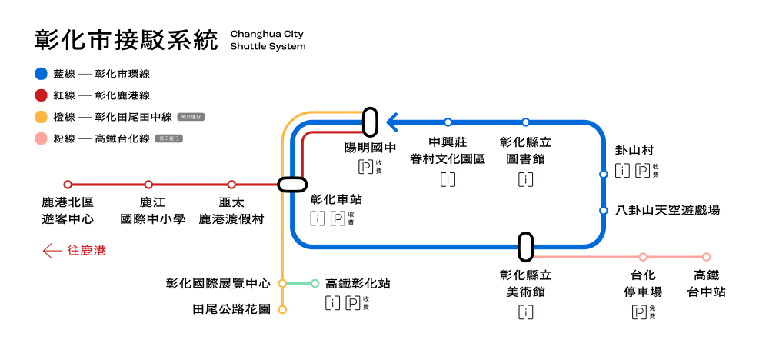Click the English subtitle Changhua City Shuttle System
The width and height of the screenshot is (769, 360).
pos(268,40)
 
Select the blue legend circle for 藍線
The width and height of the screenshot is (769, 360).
pos(42,75)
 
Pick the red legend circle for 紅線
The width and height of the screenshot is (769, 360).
pos(42,95)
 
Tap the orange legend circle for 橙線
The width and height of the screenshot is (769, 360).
pos(42,117)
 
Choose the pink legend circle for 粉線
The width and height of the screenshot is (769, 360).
pos(42,138)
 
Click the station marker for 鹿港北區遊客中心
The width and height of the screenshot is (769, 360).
pos(68,185)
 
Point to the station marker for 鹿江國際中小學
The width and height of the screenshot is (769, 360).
pos(148,185)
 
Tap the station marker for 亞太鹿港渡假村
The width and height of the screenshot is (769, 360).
pos(231,185)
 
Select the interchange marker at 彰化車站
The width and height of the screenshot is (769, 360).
pos(292,185)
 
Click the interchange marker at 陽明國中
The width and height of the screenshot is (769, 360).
pos(370,122)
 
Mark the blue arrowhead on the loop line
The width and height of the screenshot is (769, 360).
pos(392,122)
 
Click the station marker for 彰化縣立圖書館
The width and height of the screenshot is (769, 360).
pos(526,122)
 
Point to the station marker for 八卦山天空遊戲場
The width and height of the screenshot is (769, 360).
pos(604,210)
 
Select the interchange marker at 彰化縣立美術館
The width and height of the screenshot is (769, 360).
pos(526,247)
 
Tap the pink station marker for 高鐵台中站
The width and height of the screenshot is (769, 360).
pos(706,257)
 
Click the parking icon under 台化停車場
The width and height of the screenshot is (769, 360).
pos(638,312)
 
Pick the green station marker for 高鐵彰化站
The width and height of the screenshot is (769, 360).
pos(315,283)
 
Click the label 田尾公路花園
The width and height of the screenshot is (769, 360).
pos(231,310)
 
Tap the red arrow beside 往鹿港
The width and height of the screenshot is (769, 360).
pos(52,251)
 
